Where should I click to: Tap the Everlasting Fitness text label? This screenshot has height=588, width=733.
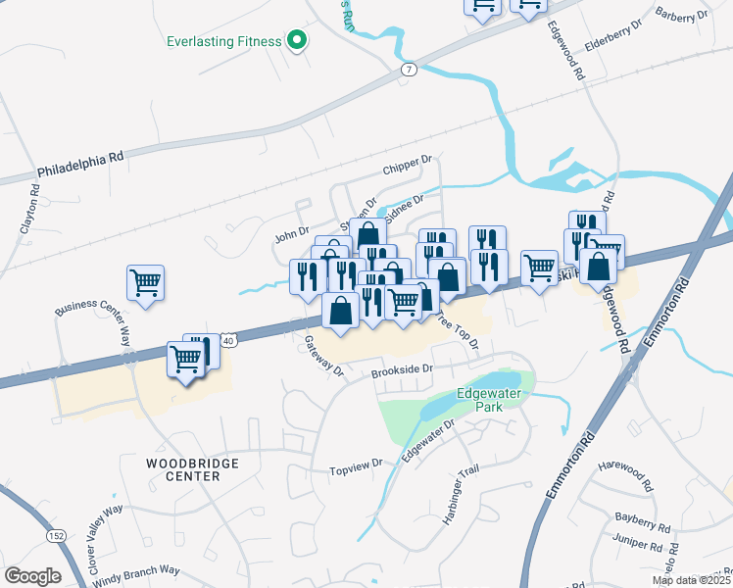pos(223,41)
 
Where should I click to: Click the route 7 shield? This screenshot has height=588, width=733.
pos(409,70)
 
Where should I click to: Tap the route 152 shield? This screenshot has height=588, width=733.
pos(57,536)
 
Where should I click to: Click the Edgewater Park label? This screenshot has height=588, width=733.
pos(493,400)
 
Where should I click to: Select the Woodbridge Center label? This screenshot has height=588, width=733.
pos(183,468)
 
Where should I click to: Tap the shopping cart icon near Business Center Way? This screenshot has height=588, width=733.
pos(145,283)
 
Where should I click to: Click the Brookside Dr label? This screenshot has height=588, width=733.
pos(402,368)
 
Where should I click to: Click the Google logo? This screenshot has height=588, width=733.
pos(32,576)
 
